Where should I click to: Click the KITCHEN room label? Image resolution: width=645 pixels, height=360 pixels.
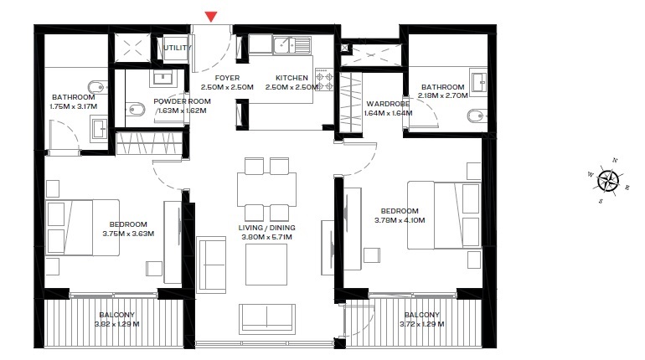pos(290,78)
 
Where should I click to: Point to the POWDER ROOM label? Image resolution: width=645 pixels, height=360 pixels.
pos(182,100)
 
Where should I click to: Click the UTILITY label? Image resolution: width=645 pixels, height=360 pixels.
pos(177,48)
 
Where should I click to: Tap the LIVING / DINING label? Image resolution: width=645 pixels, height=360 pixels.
pos(267,227)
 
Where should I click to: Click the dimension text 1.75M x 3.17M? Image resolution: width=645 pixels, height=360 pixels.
pos(74,106)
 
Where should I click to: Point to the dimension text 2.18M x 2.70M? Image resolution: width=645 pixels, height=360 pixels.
pos(442,96)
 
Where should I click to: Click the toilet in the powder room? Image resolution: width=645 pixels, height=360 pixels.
pos(135,108)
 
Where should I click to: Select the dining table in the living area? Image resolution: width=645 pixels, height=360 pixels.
pos(267,188)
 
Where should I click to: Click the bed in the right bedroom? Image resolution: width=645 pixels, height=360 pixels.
pos(444,214)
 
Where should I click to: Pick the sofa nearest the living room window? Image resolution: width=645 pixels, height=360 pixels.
pos(267,317)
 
